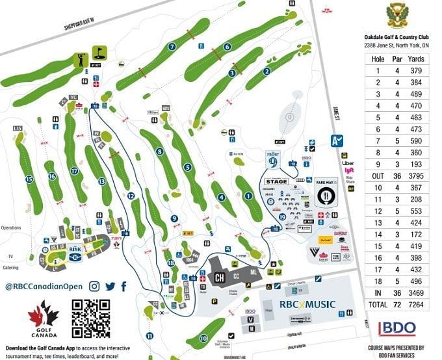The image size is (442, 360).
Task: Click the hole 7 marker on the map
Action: click(x=172, y=47)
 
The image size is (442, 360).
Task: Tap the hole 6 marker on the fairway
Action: click(x=227, y=47)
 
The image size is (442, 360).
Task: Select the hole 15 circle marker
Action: click(x=29, y=179)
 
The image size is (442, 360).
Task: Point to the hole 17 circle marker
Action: click(x=75, y=171)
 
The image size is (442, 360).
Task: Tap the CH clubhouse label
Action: click(x=221, y=278)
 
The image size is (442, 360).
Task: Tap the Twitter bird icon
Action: click(x=110, y=286)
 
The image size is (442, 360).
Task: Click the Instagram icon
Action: click(x=94, y=286)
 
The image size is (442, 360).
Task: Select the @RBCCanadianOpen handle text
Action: click(x=44, y=287)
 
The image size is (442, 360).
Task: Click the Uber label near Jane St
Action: click(x=347, y=162)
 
